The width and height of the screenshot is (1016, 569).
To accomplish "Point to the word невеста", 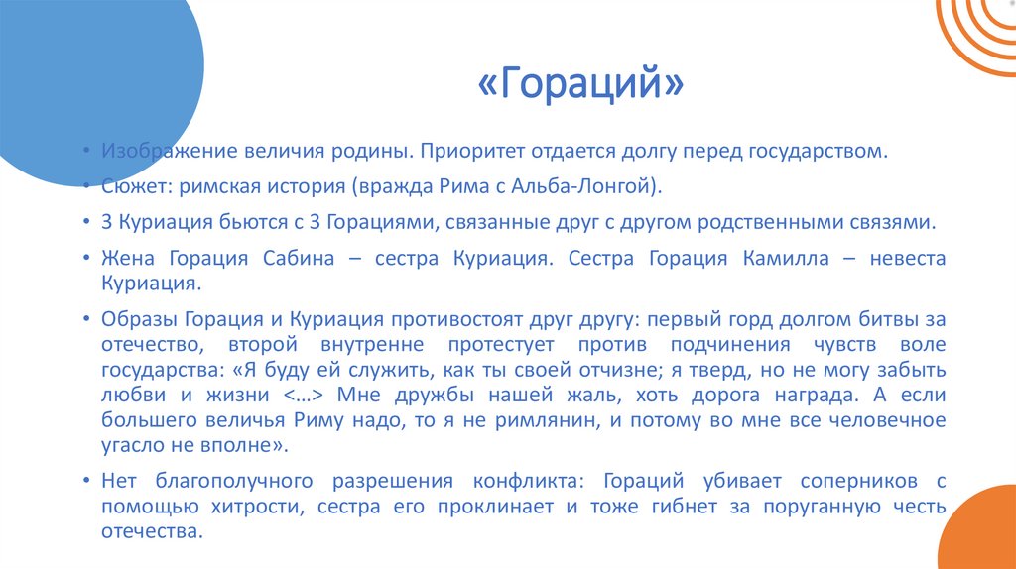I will [x=907, y=259].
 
